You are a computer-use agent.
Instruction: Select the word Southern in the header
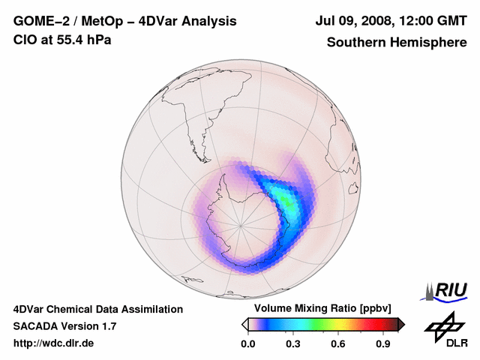coord(358,43)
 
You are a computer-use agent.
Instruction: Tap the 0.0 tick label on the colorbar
coord(248,344)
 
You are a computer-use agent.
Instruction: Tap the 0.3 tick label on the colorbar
coord(293,344)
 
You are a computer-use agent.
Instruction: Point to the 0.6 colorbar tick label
coord(338,344)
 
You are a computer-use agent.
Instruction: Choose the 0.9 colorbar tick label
coord(383,344)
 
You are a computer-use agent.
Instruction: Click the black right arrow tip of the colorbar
coord(401,324)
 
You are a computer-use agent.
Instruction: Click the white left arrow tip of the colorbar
coord(244,324)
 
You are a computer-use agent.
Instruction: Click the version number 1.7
coord(108,326)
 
